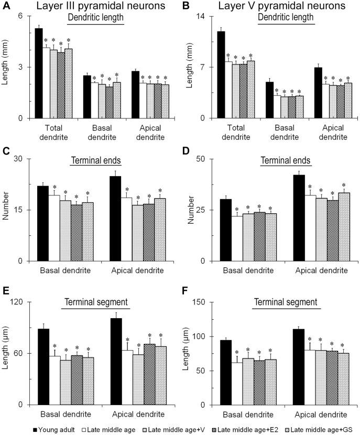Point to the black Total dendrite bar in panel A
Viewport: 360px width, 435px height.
tap(39, 73)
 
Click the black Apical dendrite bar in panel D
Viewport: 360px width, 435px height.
tap(299, 217)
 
